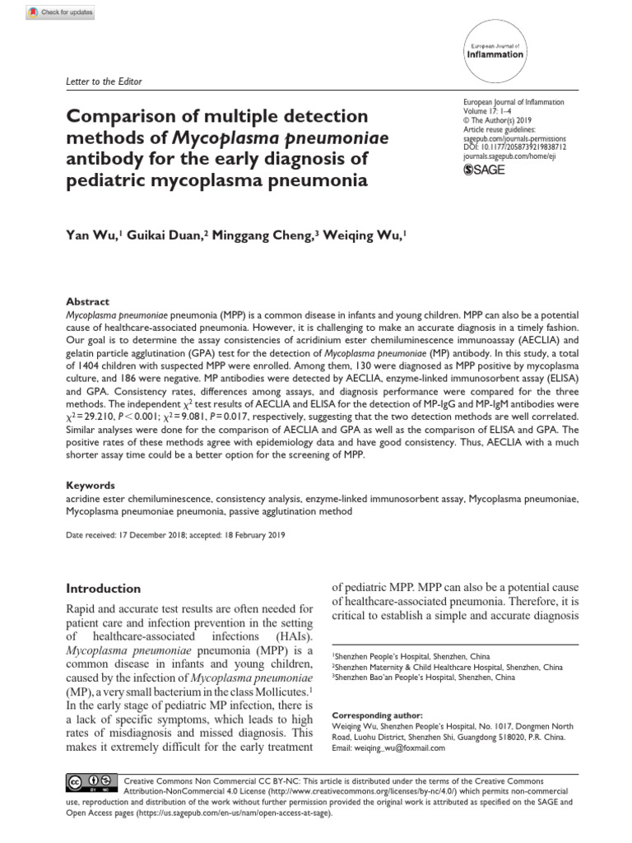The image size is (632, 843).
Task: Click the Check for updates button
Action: [61, 13]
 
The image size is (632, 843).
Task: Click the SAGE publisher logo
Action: [485, 170]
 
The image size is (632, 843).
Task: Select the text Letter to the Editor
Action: [103, 82]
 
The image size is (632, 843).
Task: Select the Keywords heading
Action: [91, 486]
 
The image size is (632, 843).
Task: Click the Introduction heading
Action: [103, 589]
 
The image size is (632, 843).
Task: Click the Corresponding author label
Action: [377, 715]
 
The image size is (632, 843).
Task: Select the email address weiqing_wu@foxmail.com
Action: [391, 748]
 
